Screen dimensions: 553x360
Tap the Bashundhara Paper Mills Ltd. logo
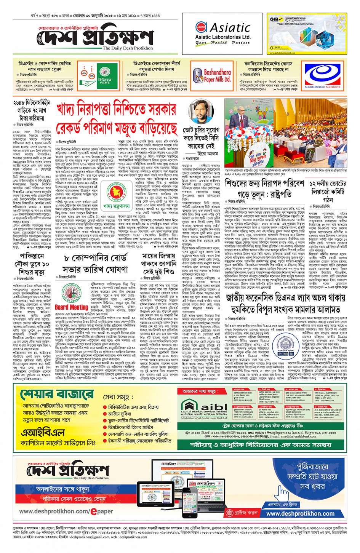pyautogui.click(x=212, y=75)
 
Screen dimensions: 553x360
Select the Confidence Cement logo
pyautogui.click(x=322, y=76)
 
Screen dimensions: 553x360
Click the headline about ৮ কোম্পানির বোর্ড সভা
pyautogui.click(x=96, y=264)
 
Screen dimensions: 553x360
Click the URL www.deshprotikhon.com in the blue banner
pyautogui.click(x=300, y=513)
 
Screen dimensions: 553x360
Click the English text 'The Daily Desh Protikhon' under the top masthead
pyautogui.click(x=128, y=48)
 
